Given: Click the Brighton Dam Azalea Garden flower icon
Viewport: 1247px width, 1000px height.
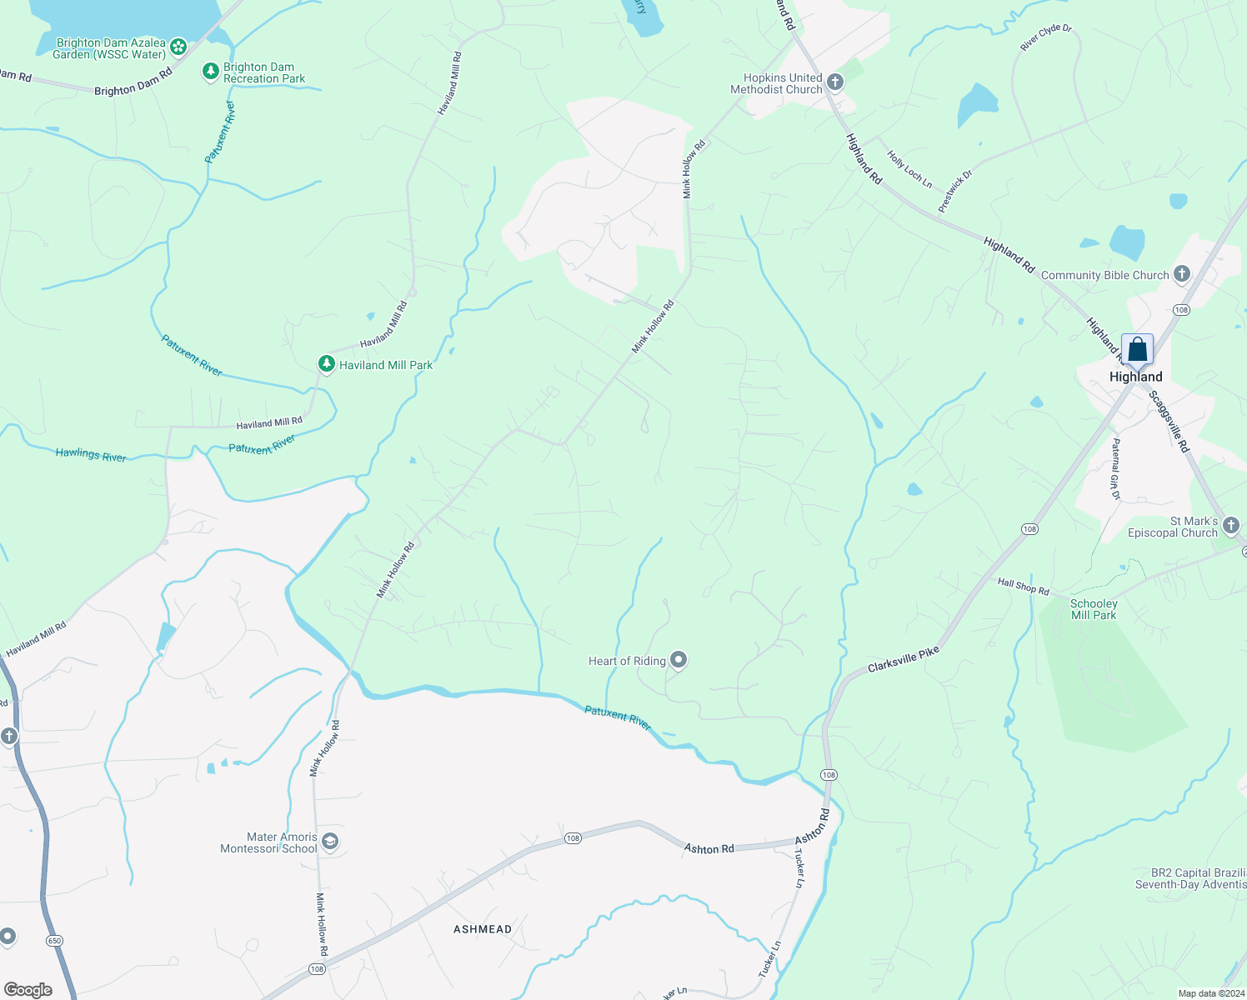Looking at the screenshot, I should point(178,47).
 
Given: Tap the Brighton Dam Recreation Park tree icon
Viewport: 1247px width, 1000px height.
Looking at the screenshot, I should point(211,72).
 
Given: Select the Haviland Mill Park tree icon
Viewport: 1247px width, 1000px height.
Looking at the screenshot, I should point(327,364).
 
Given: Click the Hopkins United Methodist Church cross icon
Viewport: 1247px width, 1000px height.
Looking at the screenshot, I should point(835,82).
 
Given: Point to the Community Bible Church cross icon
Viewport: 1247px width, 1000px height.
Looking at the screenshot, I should point(1181,274).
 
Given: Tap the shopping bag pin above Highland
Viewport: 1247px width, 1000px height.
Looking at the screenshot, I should point(1137,350).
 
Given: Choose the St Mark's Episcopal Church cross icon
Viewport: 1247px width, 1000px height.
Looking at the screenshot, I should point(1231,526).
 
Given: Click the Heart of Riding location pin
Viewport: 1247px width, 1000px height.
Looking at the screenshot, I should point(679,661).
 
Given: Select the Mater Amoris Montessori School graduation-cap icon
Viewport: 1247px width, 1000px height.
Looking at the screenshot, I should point(330,842).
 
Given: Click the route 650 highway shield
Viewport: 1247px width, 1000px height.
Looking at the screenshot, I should point(54,941).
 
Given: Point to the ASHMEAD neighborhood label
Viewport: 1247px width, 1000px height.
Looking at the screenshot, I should point(483,929).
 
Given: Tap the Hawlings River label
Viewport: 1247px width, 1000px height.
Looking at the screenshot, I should point(91,455).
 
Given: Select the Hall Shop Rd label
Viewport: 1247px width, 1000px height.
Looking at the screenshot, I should point(1023,587).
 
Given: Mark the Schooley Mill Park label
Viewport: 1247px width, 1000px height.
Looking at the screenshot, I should point(1094,609).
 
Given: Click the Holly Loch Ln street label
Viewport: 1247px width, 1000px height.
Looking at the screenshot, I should point(909,169).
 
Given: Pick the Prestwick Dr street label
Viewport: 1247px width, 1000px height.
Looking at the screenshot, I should point(955,192).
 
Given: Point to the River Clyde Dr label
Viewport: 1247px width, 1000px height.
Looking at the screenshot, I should point(1046,37).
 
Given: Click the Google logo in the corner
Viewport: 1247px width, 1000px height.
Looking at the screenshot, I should point(28,989).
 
